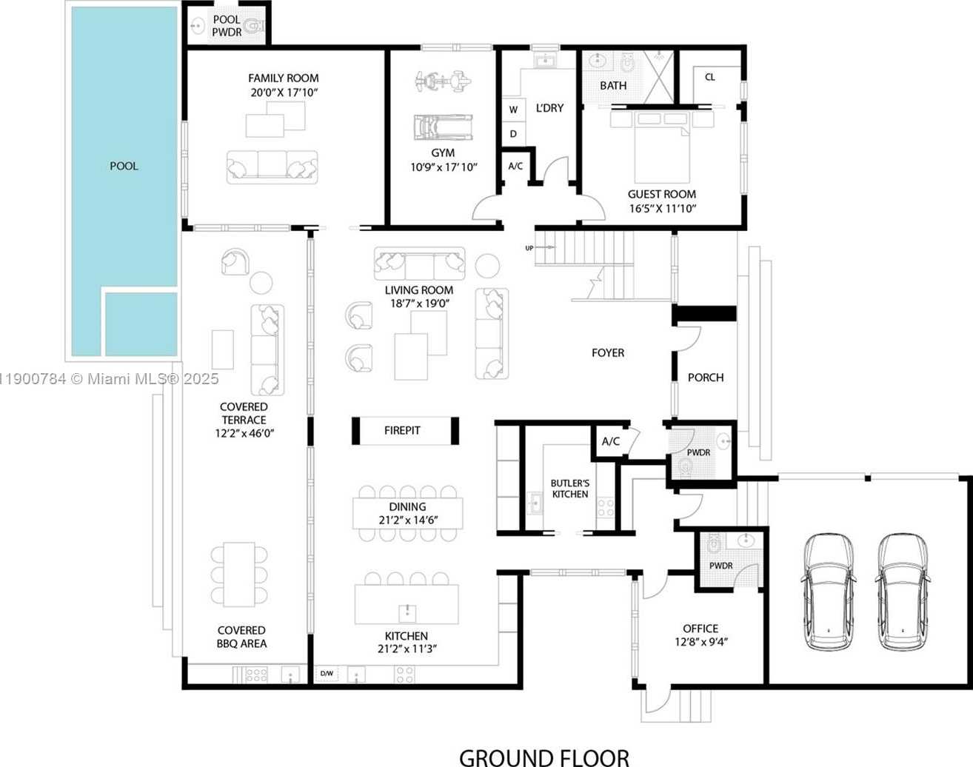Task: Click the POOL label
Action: click(124, 166)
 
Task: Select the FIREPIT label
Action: click(402, 431)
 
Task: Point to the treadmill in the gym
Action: click(443, 127)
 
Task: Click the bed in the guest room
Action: click(662, 147)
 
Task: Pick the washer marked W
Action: click(514, 110)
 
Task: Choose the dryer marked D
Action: click(514, 134)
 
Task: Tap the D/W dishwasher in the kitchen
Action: click(327, 674)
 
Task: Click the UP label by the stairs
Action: click(529, 248)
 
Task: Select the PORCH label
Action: click(706, 378)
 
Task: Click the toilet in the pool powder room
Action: click(255, 26)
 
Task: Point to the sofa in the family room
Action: click(272, 167)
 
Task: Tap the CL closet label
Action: click(710, 77)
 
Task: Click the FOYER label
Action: click(608, 352)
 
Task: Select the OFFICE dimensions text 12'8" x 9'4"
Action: click(701, 641)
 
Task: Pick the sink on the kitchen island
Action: click(408, 613)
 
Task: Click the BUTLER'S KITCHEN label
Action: click(569, 489)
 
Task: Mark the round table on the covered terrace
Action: click(261, 283)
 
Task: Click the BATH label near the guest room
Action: click(613, 85)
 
